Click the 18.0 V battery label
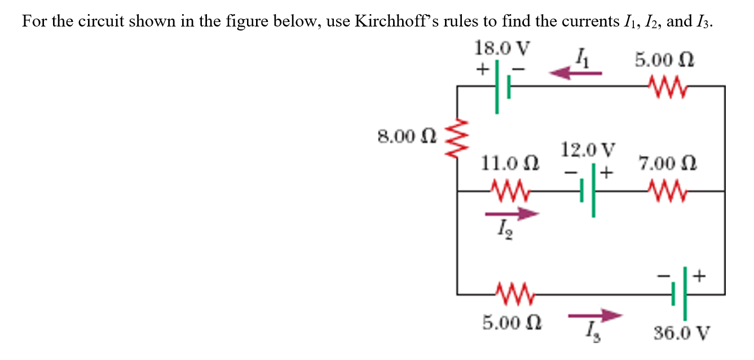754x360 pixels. (502, 48)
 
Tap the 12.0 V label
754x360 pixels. (588, 151)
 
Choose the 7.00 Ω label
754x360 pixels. (668, 164)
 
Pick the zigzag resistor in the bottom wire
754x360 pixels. (510, 293)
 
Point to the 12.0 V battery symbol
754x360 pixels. (588, 191)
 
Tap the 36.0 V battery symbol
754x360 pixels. (680, 293)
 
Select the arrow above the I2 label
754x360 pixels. (512, 214)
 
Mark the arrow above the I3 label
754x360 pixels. (595, 316)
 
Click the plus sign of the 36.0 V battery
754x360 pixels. (699, 276)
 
